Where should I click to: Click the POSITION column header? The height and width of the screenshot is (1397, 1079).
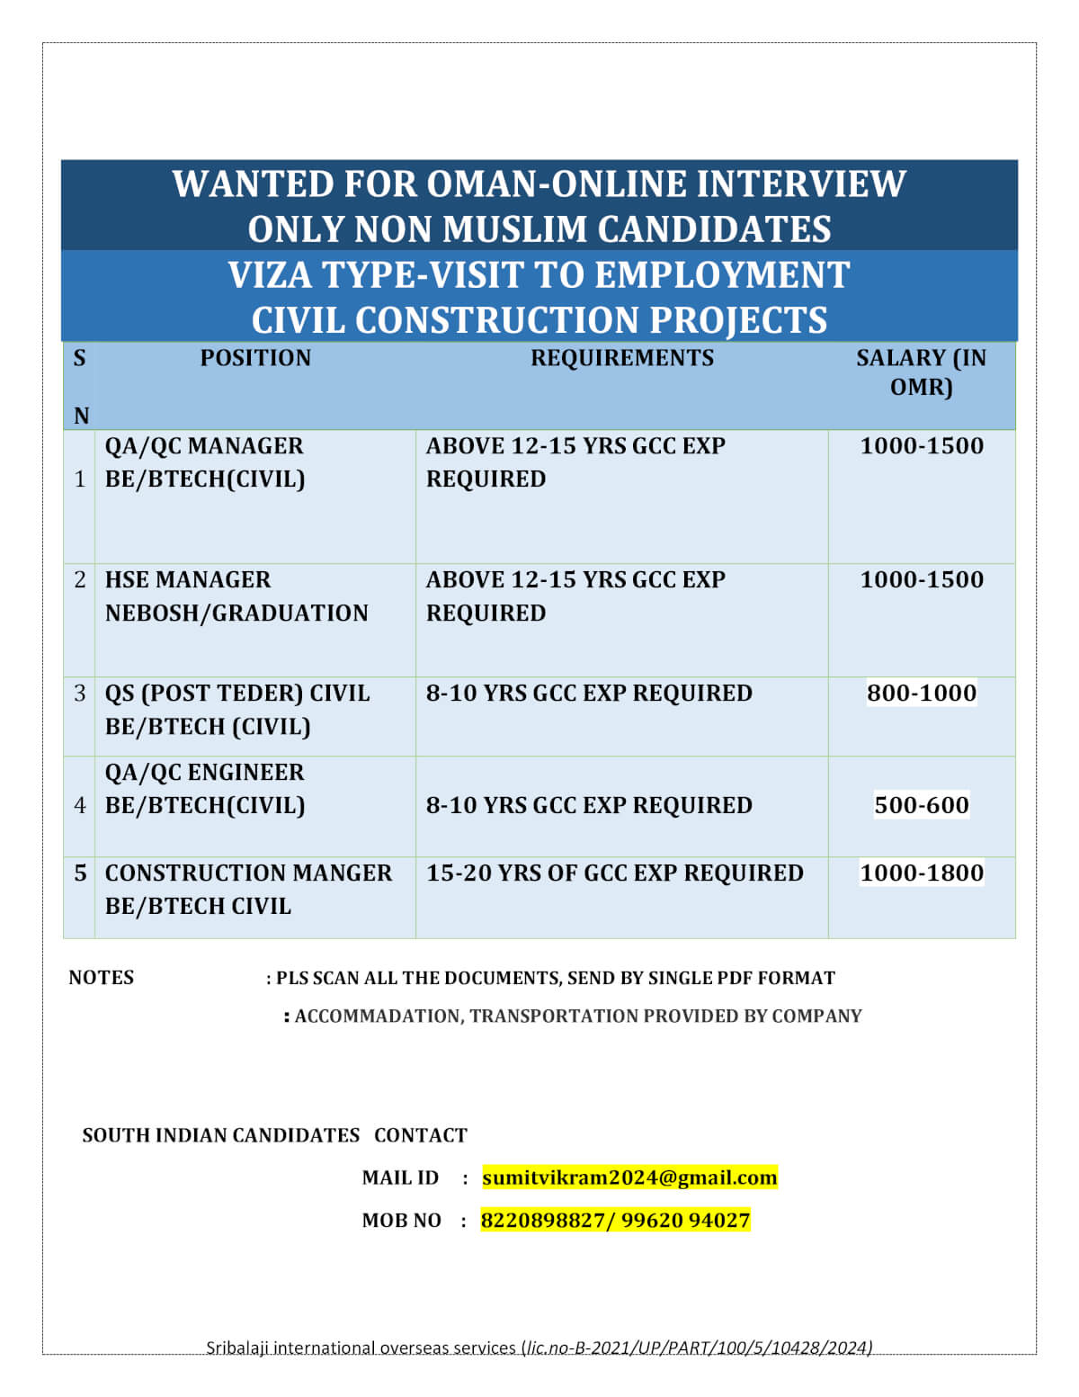[255, 358]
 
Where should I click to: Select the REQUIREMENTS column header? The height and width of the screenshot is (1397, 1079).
[621, 358]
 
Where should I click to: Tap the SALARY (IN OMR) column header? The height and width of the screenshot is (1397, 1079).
[921, 372]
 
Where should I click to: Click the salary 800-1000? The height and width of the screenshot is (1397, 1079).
[921, 693]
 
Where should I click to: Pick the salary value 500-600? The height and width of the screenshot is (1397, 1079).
[921, 805]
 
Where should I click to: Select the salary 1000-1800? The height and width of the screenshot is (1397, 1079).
[921, 873]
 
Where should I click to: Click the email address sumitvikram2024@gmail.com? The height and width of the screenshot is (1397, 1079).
[629, 1178]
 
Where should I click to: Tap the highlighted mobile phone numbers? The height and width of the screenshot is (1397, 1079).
[615, 1221]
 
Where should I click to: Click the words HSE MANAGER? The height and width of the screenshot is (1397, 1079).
[188, 579]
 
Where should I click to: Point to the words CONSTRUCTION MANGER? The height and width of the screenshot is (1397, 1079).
[248, 873]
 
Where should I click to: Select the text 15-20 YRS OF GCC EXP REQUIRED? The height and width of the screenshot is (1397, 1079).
[614, 873]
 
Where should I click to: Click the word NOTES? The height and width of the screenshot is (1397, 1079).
[101, 978]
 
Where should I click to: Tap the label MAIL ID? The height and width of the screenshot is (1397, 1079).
[400, 1178]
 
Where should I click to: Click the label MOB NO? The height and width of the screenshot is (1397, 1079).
[401, 1221]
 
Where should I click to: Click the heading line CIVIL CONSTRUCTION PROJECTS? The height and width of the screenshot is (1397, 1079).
[539, 320]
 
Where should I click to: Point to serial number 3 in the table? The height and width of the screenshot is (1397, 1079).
[80, 693]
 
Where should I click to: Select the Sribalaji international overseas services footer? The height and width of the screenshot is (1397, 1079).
[539, 1348]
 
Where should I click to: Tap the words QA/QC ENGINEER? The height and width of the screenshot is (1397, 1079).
[204, 773]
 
